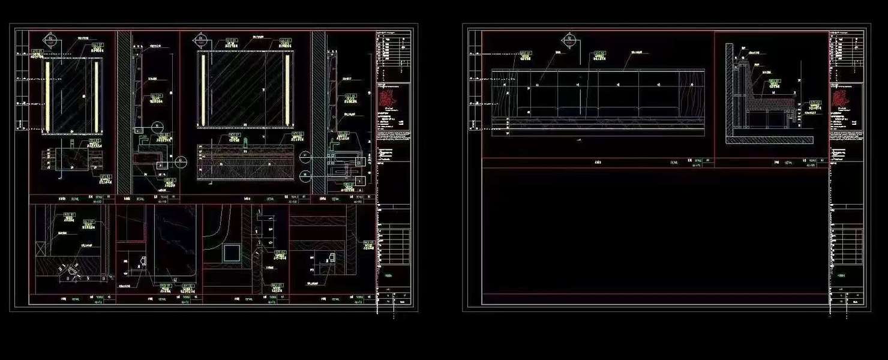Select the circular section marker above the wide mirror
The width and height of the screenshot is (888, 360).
pyautogui.click(x=200, y=41)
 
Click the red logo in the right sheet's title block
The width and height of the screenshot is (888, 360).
pyautogui.click(x=845, y=97)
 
